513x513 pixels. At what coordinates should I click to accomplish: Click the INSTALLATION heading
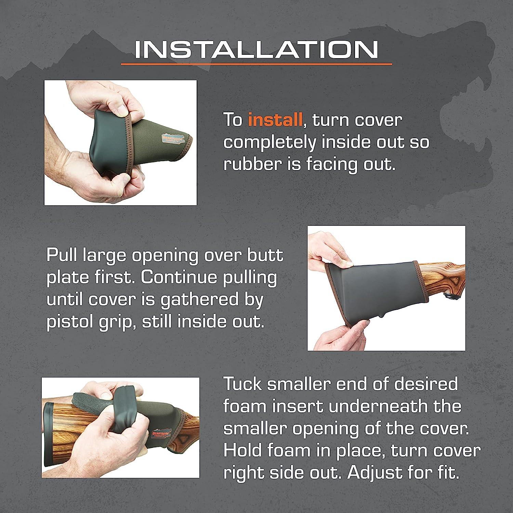coord(256,50)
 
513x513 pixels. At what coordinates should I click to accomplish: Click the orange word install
coord(275,120)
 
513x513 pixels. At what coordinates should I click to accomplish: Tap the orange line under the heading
coord(256,64)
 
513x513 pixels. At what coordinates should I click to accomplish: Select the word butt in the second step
coord(266,255)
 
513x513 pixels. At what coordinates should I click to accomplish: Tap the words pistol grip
coord(90,322)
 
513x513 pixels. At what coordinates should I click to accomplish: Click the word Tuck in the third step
coord(242,384)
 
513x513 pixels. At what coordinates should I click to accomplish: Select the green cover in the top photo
coord(137,137)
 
